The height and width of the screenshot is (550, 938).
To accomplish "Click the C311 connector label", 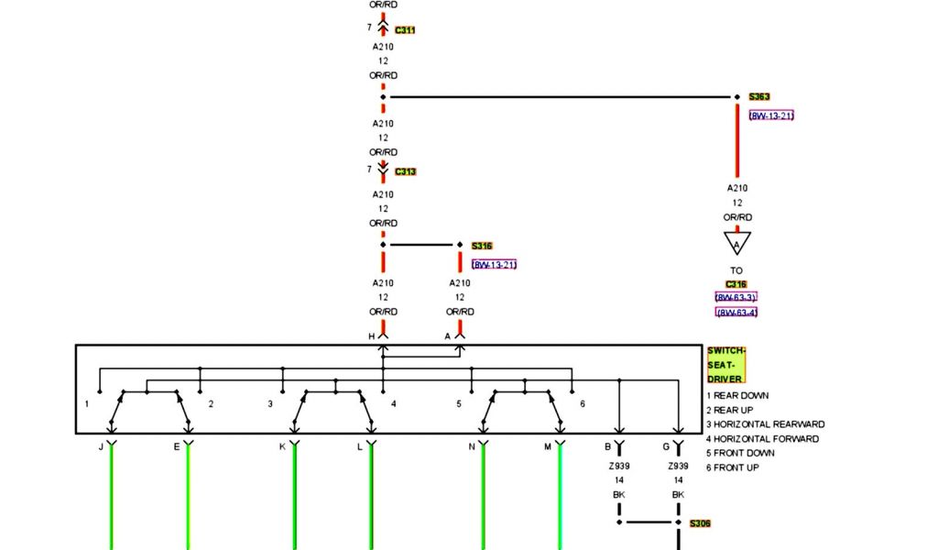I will [x=405, y=30].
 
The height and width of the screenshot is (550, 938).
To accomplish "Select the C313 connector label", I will [x=405, y=171].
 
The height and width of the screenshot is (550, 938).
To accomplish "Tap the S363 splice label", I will [x=759, y=96].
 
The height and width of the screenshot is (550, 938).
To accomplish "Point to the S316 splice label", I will [x=482, y=246].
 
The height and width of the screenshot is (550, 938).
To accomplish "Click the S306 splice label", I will [x=700, y=523].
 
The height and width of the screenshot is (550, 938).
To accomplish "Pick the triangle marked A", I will [x=736, y=243].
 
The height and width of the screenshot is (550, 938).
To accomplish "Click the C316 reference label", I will [x=736, y=284].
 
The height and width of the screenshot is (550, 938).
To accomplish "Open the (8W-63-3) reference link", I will [x=736, y=297].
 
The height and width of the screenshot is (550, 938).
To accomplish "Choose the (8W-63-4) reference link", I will [x=736, y=313].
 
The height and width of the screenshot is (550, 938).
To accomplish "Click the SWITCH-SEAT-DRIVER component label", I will [x=726, y=365].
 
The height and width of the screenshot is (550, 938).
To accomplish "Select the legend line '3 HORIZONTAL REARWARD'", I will [x=765, y=424].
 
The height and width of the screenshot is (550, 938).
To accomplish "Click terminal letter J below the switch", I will [x=101, y=446].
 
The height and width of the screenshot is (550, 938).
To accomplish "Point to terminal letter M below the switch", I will [x=548, y=446].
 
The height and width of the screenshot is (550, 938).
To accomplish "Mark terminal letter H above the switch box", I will [x=372, y=336].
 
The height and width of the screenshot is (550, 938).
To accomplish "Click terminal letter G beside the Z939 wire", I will [x=666, y=446].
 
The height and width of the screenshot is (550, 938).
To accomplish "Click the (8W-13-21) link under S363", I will [x=771, y=115].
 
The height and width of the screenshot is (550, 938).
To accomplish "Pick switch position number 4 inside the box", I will [x=394, y=403].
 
